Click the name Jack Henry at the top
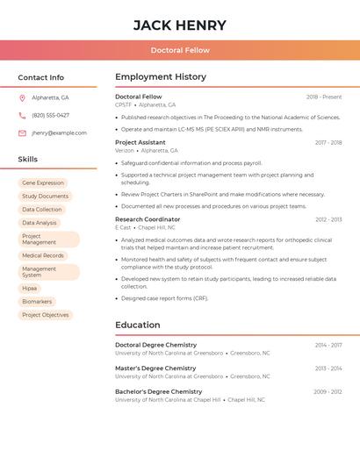(180, 25)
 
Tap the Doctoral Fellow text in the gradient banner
(180, 50)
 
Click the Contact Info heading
(40, 77)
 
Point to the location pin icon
(22, 98)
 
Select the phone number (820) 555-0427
(50, 115)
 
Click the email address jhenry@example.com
(59, 132)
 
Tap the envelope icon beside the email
(22, 132)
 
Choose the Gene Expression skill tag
(43, 182)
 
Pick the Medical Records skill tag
(43, 255)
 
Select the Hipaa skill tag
(30, 288)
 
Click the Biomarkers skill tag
(37, 302)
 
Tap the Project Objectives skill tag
(45, 315)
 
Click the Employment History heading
(161, 77)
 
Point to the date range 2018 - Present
(324, 97)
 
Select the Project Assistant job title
(140, 142)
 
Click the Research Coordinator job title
(148, 219)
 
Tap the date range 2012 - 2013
(328, 219)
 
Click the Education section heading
(137, 325)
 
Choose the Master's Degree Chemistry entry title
(155, 368)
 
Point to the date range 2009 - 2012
(328, 391)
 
